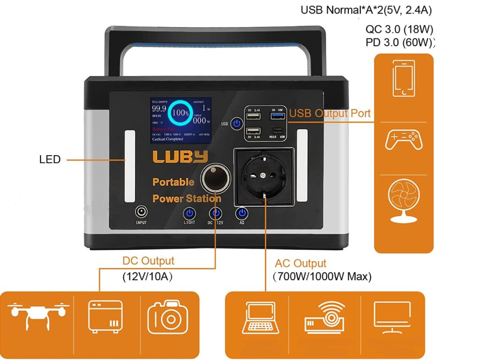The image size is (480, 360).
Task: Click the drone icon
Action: tap(39, 314)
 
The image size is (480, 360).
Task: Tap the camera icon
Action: tap(168, 317)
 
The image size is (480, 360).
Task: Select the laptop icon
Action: tap(260, 318)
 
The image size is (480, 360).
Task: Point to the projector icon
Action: tap(324, 316)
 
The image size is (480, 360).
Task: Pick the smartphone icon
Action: tap(404, 78)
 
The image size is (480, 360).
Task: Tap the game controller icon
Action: tap(404, 140)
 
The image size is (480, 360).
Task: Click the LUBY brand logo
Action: tap(180, 157)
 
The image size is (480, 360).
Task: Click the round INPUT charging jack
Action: tap(141, 211)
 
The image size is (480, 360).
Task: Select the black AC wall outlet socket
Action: tap(264, 178)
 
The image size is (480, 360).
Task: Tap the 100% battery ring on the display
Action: tap(180, 113)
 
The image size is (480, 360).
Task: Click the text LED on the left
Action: tap(50, 159)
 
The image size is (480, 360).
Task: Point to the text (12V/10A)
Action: tap(147, 277)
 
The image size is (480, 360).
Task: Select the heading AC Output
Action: tap(300, 263)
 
